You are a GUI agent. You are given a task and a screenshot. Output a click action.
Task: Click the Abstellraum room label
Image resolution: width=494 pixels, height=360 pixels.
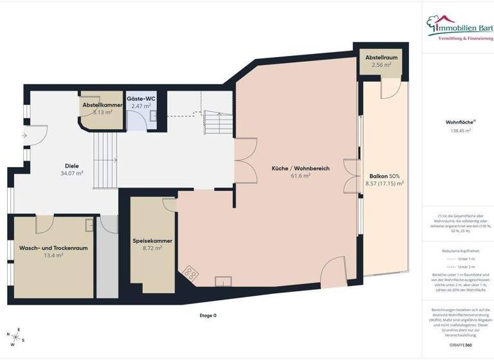pos(381,58)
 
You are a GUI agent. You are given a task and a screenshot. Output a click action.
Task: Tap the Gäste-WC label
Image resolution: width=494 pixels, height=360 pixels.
pos(140,98)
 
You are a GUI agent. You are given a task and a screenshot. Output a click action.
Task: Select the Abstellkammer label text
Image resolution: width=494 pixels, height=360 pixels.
pos(102,105)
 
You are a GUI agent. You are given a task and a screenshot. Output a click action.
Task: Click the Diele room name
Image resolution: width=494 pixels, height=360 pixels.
pos(71,165)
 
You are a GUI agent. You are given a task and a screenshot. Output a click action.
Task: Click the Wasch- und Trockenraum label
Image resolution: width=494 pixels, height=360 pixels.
pos(53,248)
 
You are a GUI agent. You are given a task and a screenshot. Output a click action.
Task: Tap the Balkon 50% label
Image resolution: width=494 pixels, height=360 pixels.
pos(385,175)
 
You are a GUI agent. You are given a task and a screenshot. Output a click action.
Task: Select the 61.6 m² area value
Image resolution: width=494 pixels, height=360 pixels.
pos(300,175)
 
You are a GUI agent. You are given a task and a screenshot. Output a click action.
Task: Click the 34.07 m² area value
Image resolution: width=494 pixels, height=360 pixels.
pos(71,172)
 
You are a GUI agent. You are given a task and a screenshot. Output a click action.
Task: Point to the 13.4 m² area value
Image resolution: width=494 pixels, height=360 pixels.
pos(53,255)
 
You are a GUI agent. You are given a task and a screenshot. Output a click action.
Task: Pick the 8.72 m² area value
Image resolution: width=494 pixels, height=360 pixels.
pos(152,248)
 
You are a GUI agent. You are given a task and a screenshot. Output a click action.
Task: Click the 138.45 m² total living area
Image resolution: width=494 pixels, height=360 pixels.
pos(461,130)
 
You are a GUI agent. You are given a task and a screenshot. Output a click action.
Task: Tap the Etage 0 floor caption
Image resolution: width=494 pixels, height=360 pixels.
pos(208,315)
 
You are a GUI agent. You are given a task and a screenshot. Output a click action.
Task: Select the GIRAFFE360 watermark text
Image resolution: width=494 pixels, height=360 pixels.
pos(461,345)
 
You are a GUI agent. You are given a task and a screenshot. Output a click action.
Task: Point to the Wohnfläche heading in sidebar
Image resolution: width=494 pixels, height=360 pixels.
pos(460,122)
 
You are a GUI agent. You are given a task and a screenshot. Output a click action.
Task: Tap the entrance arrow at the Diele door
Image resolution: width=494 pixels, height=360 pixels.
pos(24,136)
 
